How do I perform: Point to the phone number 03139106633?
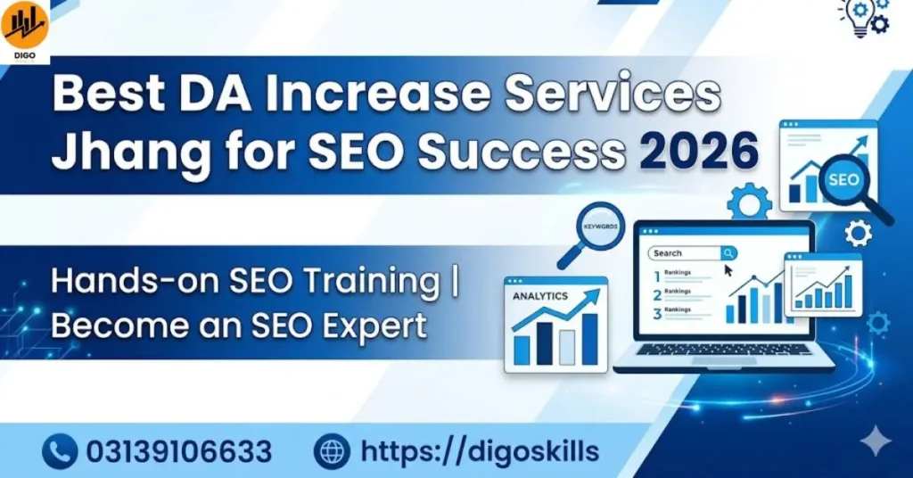point(178,451)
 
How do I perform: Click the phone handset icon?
point(60,451)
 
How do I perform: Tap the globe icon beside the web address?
point(333,451)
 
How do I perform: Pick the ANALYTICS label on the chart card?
point(540,295)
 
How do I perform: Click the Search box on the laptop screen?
point(686,253)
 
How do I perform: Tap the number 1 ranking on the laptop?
point(657,276)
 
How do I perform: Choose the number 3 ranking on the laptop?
point(657,313)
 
